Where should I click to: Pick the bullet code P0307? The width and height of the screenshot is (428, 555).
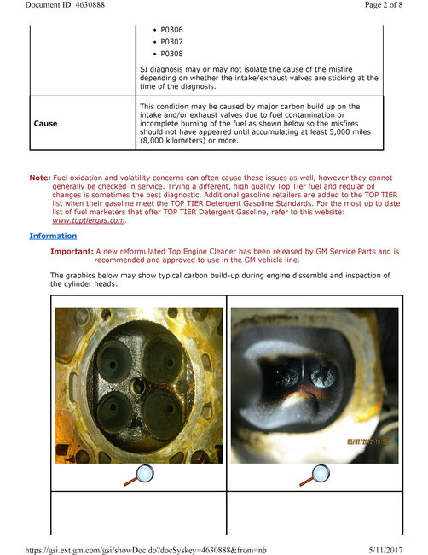tap(171, 41)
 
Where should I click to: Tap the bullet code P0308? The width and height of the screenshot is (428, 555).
tap(171, 54)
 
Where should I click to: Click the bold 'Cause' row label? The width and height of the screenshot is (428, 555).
tap(45, 124)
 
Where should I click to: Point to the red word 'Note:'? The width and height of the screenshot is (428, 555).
tap(40, 178)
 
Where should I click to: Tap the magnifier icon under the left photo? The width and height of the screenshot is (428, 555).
tap(138, 476)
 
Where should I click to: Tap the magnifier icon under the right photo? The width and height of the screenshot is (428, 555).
tap(313, 476)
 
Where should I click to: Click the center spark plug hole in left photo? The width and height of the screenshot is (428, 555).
tap(139, 386)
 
